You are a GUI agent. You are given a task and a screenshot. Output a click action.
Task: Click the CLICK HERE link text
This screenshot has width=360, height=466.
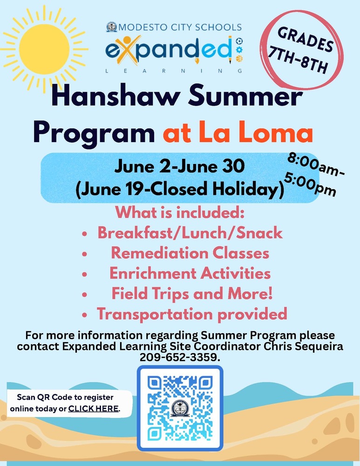(x=94, y=409)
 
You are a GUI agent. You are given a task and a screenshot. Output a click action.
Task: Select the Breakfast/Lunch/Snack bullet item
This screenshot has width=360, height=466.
(x=190, y=233)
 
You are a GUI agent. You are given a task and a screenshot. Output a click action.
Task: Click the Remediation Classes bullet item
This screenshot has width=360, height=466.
(x=190, y=253)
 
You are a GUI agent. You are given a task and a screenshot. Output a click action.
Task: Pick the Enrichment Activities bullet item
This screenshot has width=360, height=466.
(x=190, y=273)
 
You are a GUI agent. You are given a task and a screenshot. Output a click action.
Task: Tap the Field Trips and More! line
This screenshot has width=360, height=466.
(x=191, y=294)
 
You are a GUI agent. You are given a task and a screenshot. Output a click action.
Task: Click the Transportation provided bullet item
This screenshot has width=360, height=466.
(x=191, y=314)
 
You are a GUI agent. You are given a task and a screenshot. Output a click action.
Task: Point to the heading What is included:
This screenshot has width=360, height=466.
(x=180, y=212)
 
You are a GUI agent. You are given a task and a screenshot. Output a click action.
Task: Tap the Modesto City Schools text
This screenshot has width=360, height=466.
(x=181, y=27)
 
